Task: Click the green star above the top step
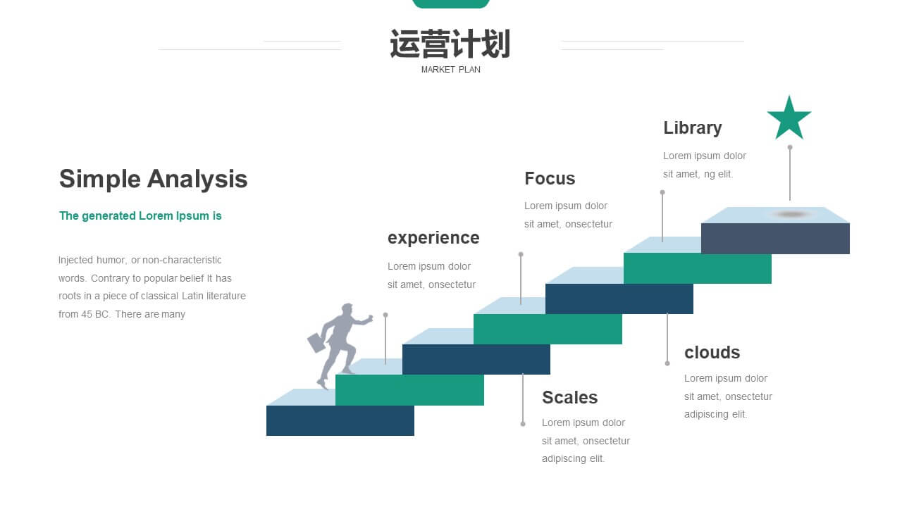[x=789, y=120]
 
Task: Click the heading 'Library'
[x=692, y=128]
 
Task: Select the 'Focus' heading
[x=550, y=178]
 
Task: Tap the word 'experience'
[x=433, y=238]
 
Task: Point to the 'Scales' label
[x=569, y=398]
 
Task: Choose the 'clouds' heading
[x=712, y=353]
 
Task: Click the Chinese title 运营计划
[x=450, y=44]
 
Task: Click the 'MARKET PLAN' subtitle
[x=450, y=70]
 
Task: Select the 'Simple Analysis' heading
[x=153, y=179]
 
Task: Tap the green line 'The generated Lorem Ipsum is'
[x=140, y=216]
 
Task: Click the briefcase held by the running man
[x=316, y=342]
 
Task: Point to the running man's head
[x=347, y=309]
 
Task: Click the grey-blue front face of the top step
[x=775, y=239]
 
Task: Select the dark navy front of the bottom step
[x=340, y=420]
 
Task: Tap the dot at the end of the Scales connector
[x=523, y=424]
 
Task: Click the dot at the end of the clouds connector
[x=667, y=363]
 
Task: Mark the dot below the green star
[x=790, y=147]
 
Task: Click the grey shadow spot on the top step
[x=791, y=214]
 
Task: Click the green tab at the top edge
[x=450, y=4]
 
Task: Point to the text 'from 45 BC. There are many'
[x=122, y=314]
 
